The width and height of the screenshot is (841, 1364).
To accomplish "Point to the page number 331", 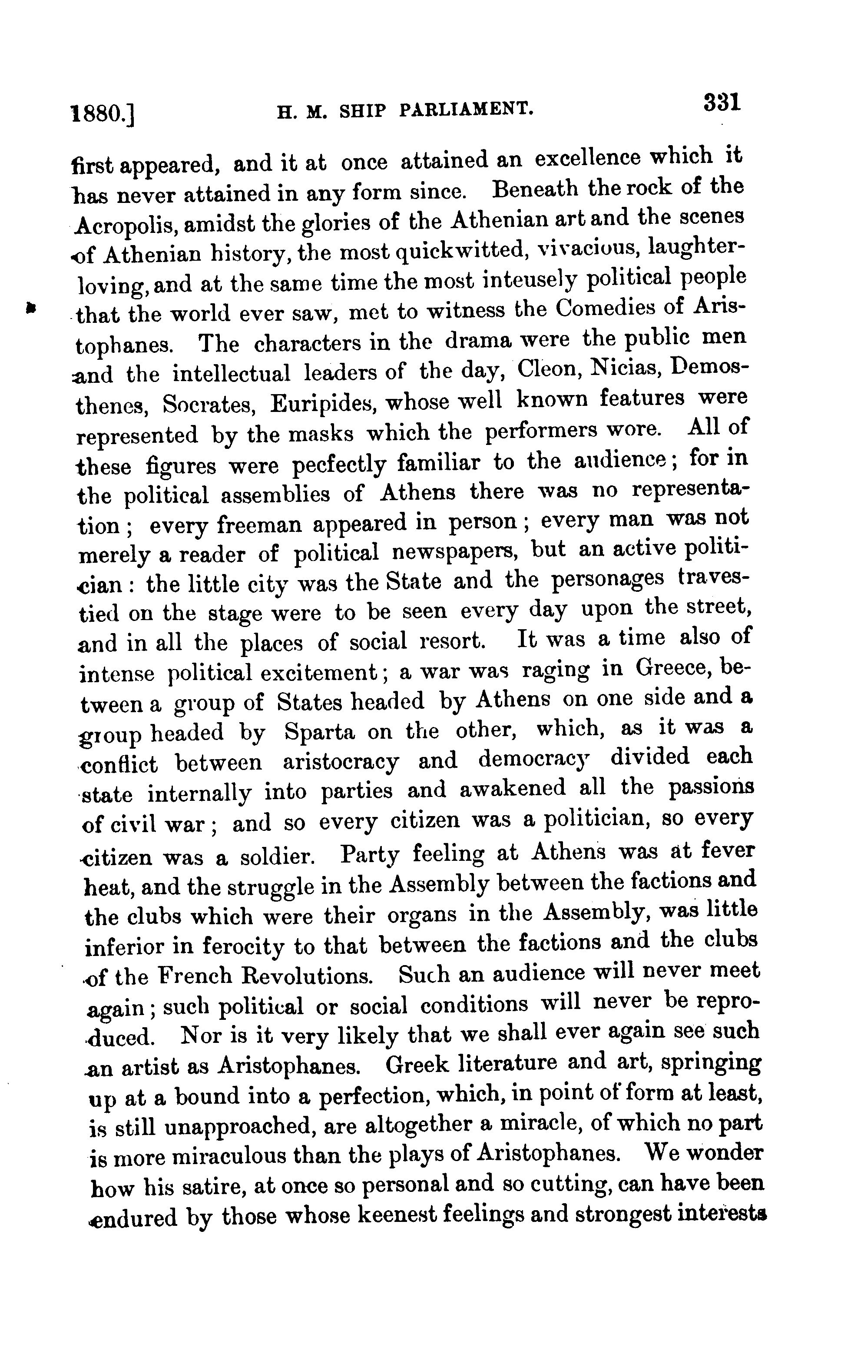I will [722, 103].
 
